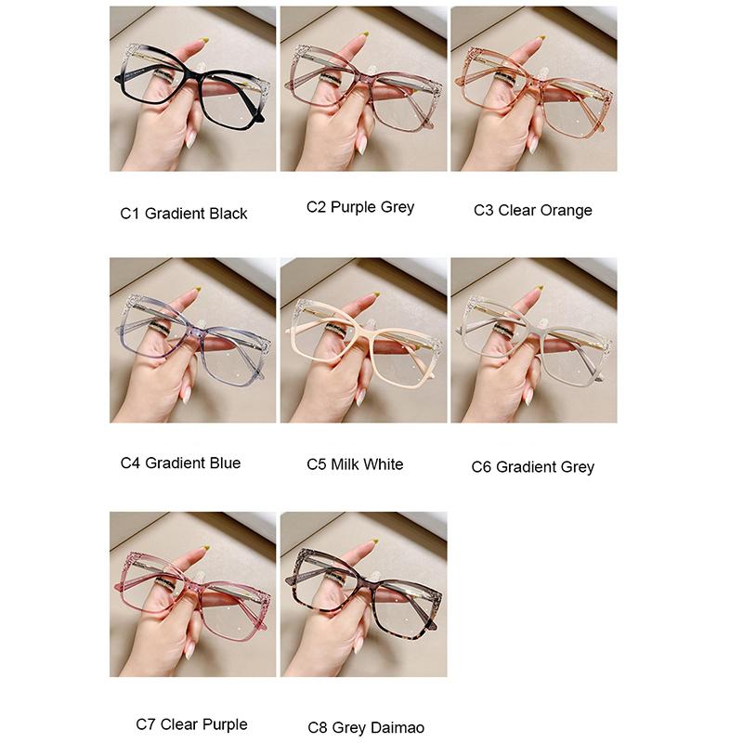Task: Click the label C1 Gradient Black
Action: [184, 214]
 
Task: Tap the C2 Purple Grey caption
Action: [360, 207]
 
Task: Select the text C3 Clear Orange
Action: [532, 210]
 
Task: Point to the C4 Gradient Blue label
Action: [180, 463]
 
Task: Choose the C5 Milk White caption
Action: [355, 463]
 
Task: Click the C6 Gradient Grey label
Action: [533, 466]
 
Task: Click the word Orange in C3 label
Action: [566, 211]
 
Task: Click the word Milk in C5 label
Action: [345, 463]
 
